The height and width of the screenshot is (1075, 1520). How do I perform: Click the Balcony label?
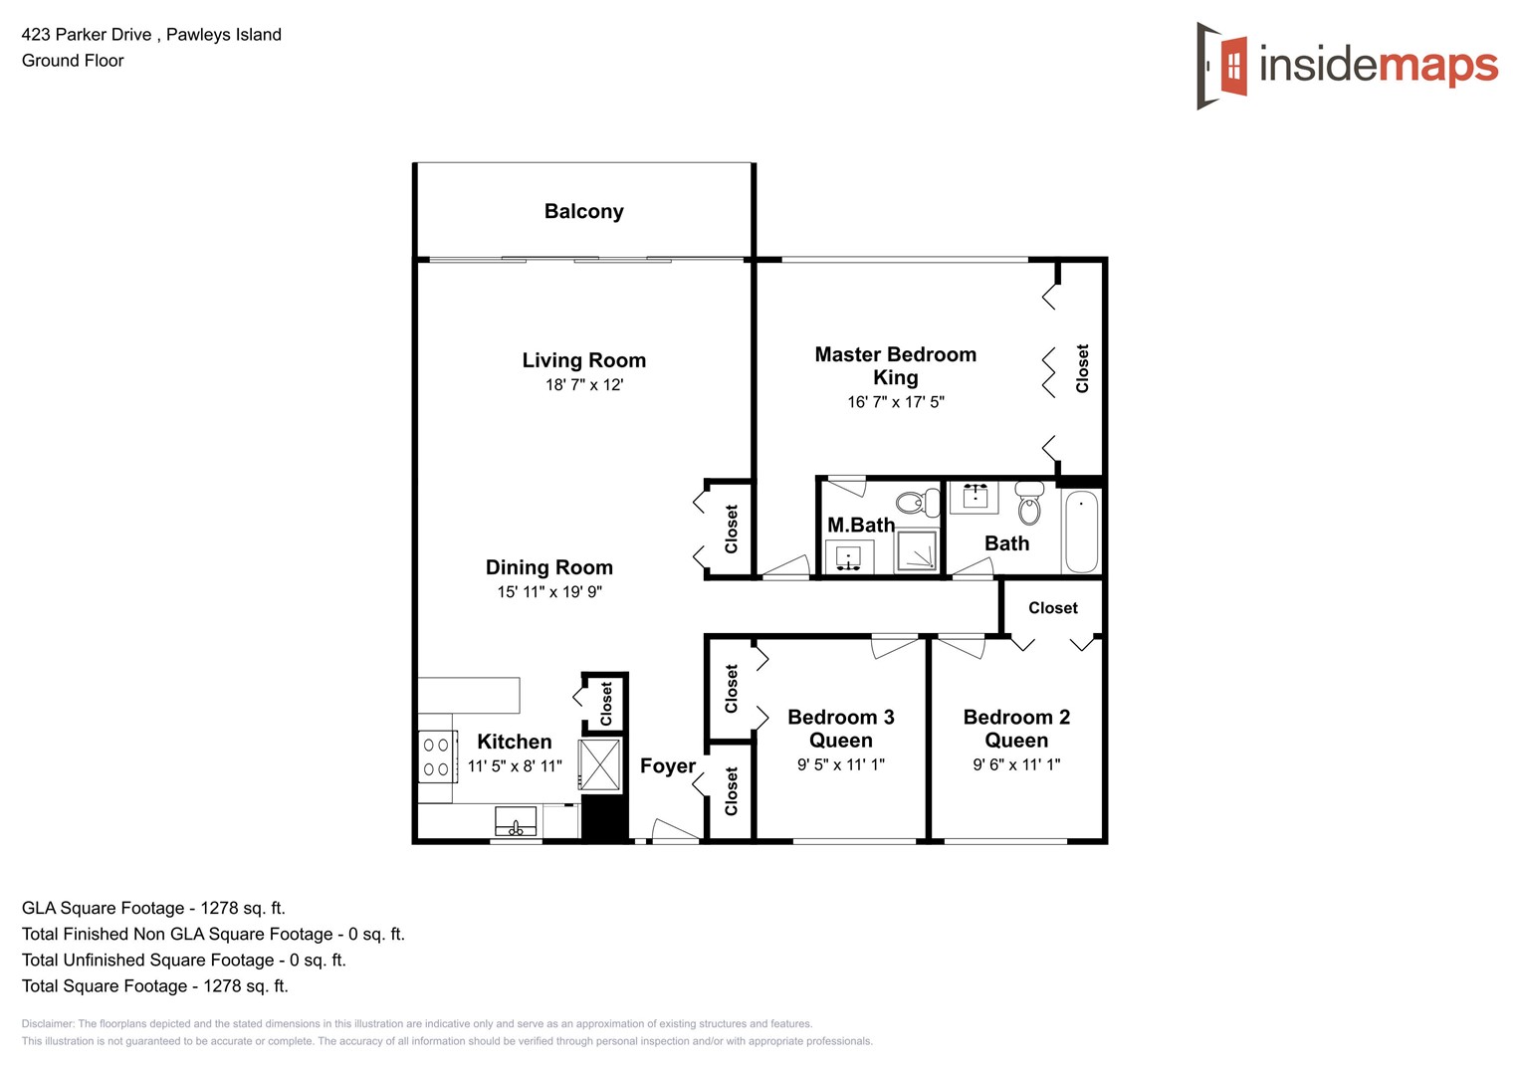pos(583,211)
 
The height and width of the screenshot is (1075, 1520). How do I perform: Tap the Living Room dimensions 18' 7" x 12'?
pos(583,385)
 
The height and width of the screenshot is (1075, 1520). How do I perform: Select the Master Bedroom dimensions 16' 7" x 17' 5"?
pos(895,402)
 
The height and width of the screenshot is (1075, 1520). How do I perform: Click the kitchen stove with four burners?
pos(436,756)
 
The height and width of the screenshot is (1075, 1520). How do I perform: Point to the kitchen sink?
pos(516,822)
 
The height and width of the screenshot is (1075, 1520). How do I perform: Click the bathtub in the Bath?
pos(1081,532)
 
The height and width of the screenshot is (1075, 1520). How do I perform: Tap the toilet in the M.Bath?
pos(918,503)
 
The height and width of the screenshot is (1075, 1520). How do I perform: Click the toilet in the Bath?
pos(1029,505)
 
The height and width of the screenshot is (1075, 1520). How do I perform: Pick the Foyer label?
pos(667,765)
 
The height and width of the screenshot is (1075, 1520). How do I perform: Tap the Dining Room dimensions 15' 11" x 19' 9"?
pos(549,592)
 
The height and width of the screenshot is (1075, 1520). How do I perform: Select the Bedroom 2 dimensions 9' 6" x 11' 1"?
pos(1016,764)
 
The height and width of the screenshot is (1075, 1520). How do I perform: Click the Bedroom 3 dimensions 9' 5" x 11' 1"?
pos(840,764)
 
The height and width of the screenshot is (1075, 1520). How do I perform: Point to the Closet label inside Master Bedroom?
pos(1082,368)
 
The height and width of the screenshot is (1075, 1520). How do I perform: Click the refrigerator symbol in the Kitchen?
pos(600,764)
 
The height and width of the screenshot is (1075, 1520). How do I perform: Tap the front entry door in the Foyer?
pos(675,832)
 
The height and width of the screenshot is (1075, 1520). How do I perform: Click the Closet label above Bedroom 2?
pos(1052,608)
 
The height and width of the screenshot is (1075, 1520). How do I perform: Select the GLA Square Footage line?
pos(153,908)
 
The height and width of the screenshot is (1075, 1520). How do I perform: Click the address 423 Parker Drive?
pos(87,35)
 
